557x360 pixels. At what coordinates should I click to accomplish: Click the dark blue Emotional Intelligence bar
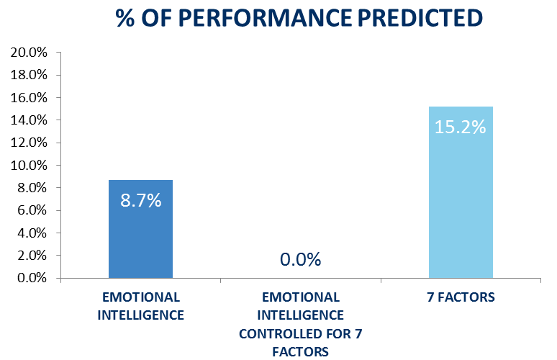tap(140, 238)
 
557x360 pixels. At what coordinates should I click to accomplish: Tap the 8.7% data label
tap(140, 201)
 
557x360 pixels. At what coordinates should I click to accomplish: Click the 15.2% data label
tap(461, 127)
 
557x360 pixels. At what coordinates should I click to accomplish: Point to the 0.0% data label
tap(300, 260)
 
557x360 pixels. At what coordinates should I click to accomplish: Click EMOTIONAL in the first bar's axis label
tap(141, 297)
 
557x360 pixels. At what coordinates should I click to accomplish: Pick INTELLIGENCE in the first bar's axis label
tap(141, 315)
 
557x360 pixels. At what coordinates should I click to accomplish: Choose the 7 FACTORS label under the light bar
tap(460, 297)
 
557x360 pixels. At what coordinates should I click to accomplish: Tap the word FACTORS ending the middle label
tap(300, 351)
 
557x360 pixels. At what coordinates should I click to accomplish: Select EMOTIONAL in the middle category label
tap(301, 297)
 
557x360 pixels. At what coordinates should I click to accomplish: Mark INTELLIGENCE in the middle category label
tap(301, 315)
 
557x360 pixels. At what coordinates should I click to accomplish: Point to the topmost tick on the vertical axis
tap(58, 52)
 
